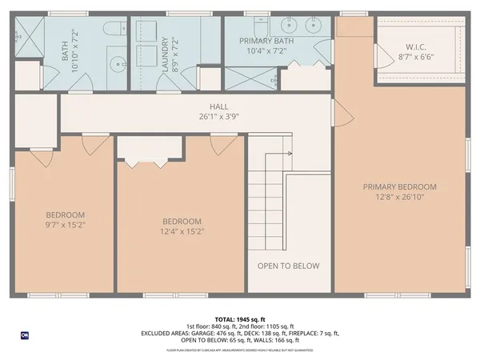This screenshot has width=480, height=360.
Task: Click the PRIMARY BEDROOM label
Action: (400, 187)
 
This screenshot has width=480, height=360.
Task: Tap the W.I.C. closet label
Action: (416, 46)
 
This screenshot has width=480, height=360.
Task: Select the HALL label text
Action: (218, 106)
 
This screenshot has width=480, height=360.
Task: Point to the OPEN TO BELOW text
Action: (288, 266)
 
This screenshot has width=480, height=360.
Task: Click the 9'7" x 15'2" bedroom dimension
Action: (65, 226)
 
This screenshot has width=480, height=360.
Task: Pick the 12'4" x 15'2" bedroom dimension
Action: (182, 232)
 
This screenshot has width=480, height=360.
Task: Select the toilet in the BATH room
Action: (114, 28)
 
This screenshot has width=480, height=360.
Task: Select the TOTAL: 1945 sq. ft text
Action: (240, 318)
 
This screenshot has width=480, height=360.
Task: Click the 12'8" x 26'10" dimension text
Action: (400, 198)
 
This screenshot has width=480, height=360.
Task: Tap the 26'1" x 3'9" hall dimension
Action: (218, 116)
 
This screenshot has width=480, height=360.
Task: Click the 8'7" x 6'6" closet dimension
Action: (416, 57)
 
